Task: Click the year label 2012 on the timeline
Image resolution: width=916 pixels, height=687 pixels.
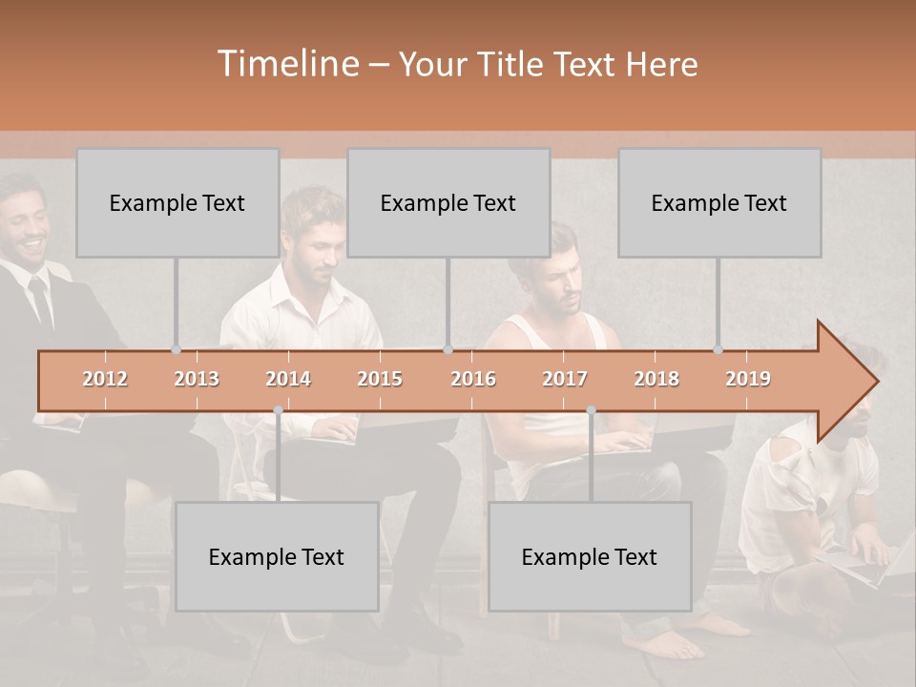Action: [105, 379]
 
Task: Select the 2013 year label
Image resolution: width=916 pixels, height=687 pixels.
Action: [197, 379]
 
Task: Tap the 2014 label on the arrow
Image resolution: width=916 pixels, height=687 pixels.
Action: [288, 379]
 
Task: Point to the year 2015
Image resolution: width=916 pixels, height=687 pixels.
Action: [380, 379]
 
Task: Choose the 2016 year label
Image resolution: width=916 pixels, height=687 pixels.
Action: [473, 379]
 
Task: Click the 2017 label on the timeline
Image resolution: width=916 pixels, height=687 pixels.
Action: [565, 379]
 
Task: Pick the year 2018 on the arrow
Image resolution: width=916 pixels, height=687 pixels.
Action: [656, 379]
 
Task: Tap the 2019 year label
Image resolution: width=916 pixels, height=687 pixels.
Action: [748, 379]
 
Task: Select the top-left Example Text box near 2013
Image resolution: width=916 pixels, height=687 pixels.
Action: [177, 203]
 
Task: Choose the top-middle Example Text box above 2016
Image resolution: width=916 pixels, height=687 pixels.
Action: [448, 203]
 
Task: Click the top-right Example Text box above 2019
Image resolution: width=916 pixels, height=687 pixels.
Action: [719, 203]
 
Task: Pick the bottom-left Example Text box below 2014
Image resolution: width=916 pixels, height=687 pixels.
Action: [277, 557]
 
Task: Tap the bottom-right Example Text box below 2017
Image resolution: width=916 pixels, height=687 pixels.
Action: [590, 557]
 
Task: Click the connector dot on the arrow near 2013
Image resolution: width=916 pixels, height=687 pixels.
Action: [176, 350]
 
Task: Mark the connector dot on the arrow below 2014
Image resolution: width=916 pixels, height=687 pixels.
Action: [278, 410]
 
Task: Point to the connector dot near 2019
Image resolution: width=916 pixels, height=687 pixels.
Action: [718, 350]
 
